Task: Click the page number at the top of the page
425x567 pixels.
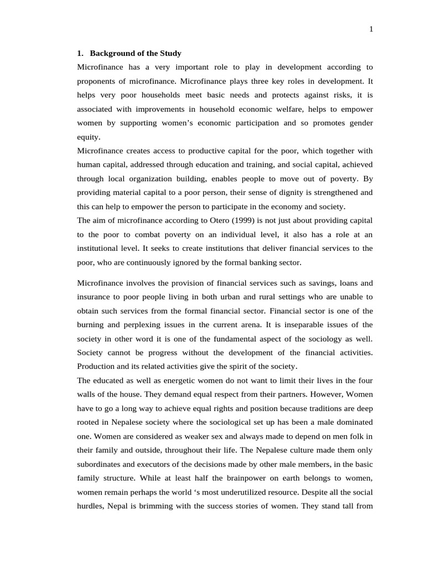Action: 371,30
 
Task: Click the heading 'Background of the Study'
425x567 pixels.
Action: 136,54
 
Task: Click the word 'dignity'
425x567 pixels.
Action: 280,193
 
